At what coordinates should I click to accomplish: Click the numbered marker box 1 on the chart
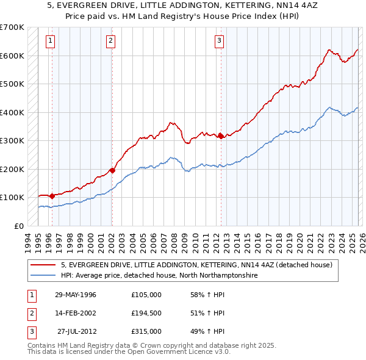tap(49, 41)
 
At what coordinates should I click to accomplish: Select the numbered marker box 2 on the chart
tap(110, 41)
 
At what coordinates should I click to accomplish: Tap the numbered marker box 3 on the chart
tap(219, 41)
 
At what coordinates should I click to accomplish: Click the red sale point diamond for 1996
tap(52, 196)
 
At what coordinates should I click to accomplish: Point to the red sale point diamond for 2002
tap(112, 171)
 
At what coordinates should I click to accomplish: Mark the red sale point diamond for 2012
tap(221, 137)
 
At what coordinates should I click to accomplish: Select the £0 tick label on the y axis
tap(20, 226)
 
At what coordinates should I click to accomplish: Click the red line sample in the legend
tap(43, 265)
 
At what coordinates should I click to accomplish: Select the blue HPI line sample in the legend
tap(43, 276)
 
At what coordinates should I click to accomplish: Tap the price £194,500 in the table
tap(146, 313)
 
